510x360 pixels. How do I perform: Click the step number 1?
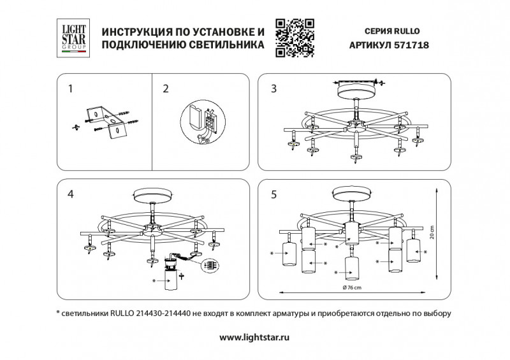tap(71, 89)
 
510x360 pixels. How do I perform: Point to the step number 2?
tap(165, 89)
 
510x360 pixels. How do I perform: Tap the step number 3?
tap(273, 89)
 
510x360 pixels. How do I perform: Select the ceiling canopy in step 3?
tap(356, 94)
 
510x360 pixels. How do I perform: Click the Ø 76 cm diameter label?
tap(353, 288)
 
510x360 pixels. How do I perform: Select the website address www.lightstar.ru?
tap(254, 338)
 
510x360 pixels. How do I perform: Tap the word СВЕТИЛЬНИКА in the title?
tap(226, 45)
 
